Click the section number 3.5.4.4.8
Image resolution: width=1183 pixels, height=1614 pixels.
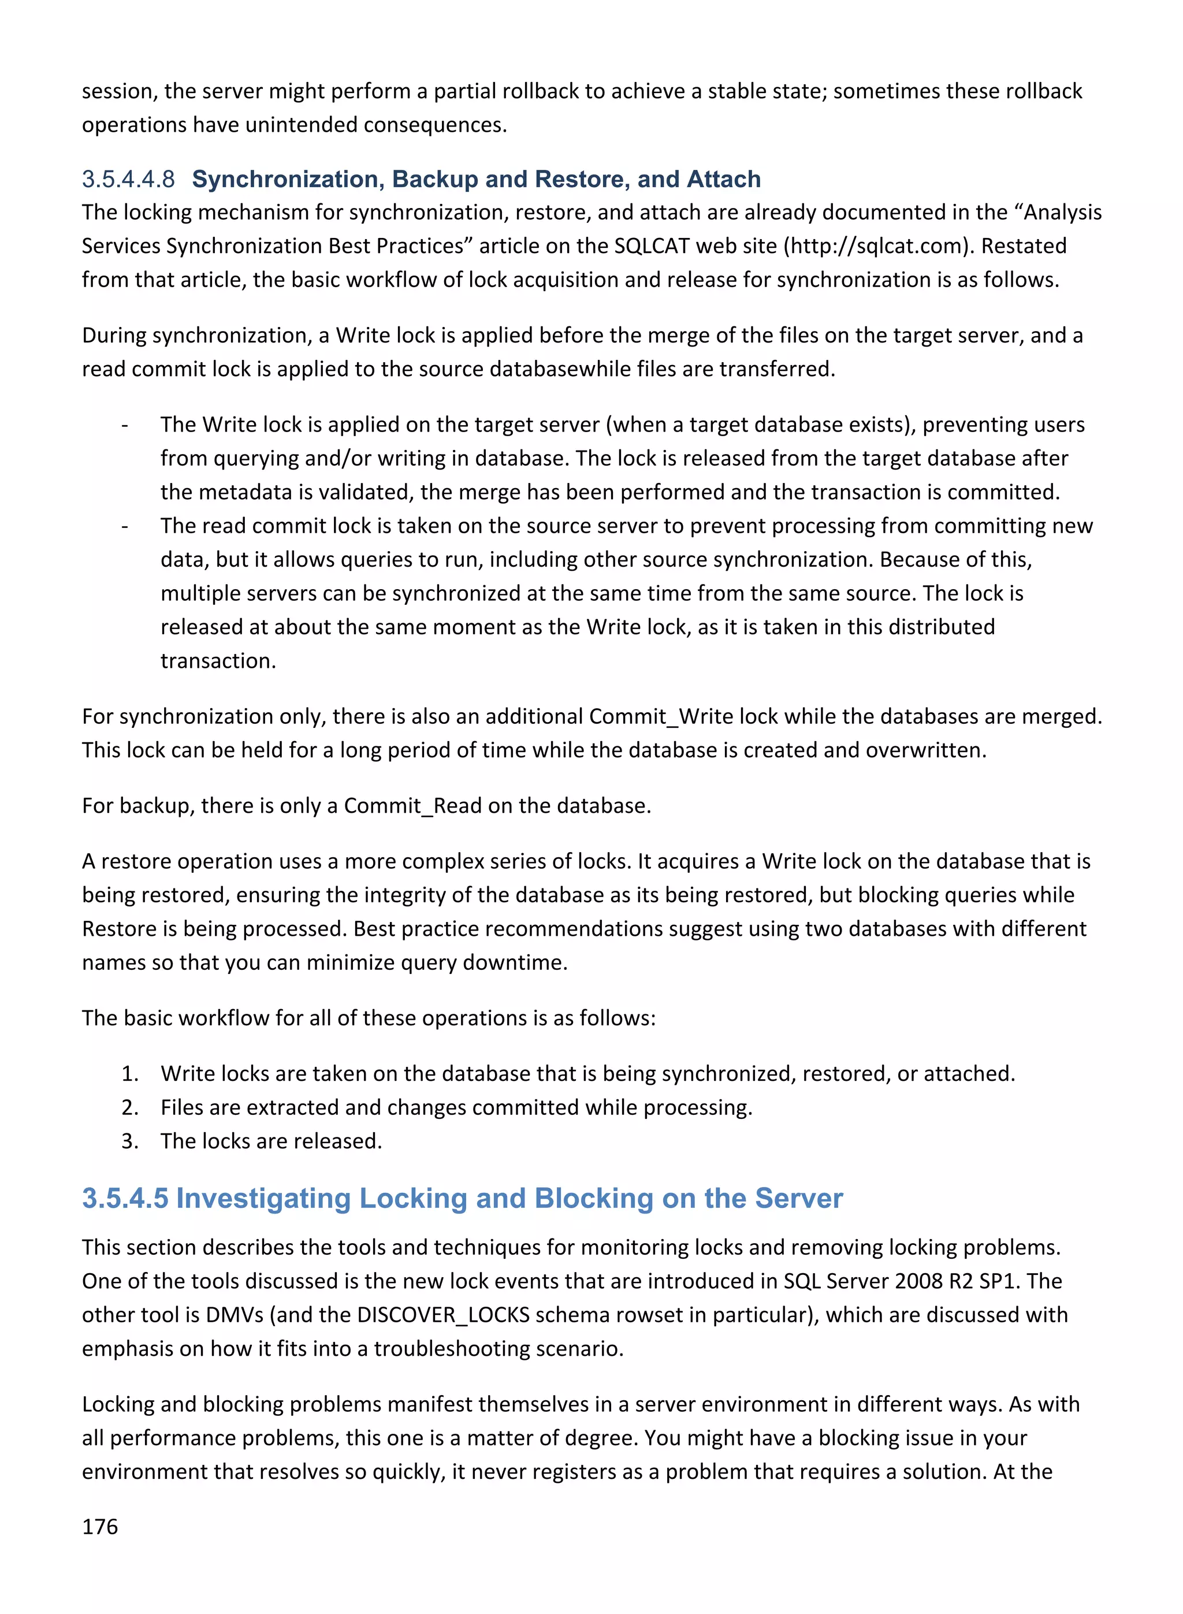point(128,179)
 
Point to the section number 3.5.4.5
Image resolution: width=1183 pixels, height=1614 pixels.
point(125,1198)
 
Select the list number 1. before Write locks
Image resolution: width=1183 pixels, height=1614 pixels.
point(129,1073)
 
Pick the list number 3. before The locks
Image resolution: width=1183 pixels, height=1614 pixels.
point(129,1141)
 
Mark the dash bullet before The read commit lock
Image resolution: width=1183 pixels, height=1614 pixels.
point(125,526)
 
